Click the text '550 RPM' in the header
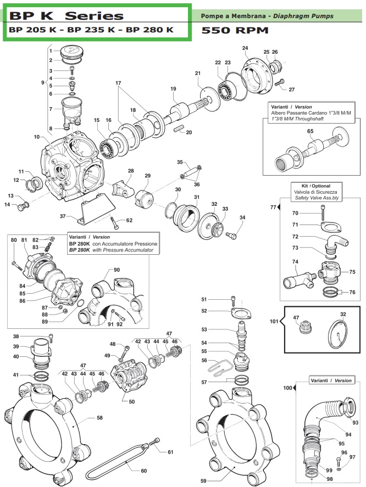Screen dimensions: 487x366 coord(234,31)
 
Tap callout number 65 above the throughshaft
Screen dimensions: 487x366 coord(310,131)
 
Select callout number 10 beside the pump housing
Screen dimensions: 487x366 coord(37,137)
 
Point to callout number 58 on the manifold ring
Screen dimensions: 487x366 coord(99,418)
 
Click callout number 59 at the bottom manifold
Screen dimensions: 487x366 coord(203,481)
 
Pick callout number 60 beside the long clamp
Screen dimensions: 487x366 coord(143,471)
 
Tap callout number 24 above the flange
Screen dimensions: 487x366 coord(245,48)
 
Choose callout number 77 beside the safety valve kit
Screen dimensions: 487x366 coord(273,207)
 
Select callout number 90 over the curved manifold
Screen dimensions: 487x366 coord(117,270)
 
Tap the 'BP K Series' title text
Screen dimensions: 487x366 coord(66,16)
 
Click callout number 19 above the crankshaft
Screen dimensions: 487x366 coord(173,89)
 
